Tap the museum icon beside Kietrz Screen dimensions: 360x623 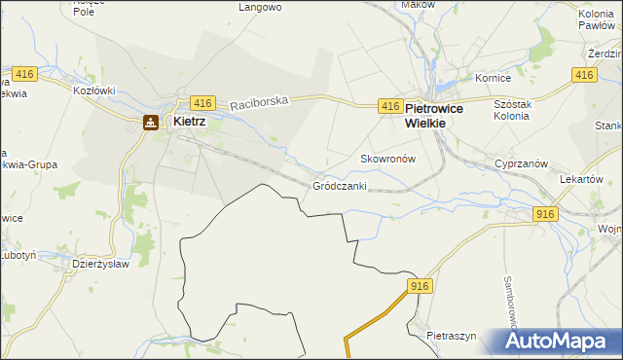pyautogui.click(x=150, y=123)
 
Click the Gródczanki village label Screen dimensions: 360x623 pyautogui.click(x=340, y=185)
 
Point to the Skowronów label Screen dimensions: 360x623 pyautogui.click(x=388, y=158)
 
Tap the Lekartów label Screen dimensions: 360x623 pyautogui.click(x=583, y=180)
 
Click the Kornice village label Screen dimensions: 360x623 pyautogui.click(x=493, y=77)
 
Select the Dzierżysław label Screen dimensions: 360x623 pyautogui.click(x=102, y=263)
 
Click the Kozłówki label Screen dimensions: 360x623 pyautogui.click(x=94, y=90)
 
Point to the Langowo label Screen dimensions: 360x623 pyautogui.click(x=260, y=7)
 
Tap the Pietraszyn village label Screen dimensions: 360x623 pyautogui.click(x=451, y=336)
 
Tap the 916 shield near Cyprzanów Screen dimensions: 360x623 pyautogui.click(x=545, y=215)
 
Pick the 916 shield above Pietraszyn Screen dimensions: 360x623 pyautogui.click(x=420, y=285)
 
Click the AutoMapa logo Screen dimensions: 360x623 pyautogui.click(x=561, y=342)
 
